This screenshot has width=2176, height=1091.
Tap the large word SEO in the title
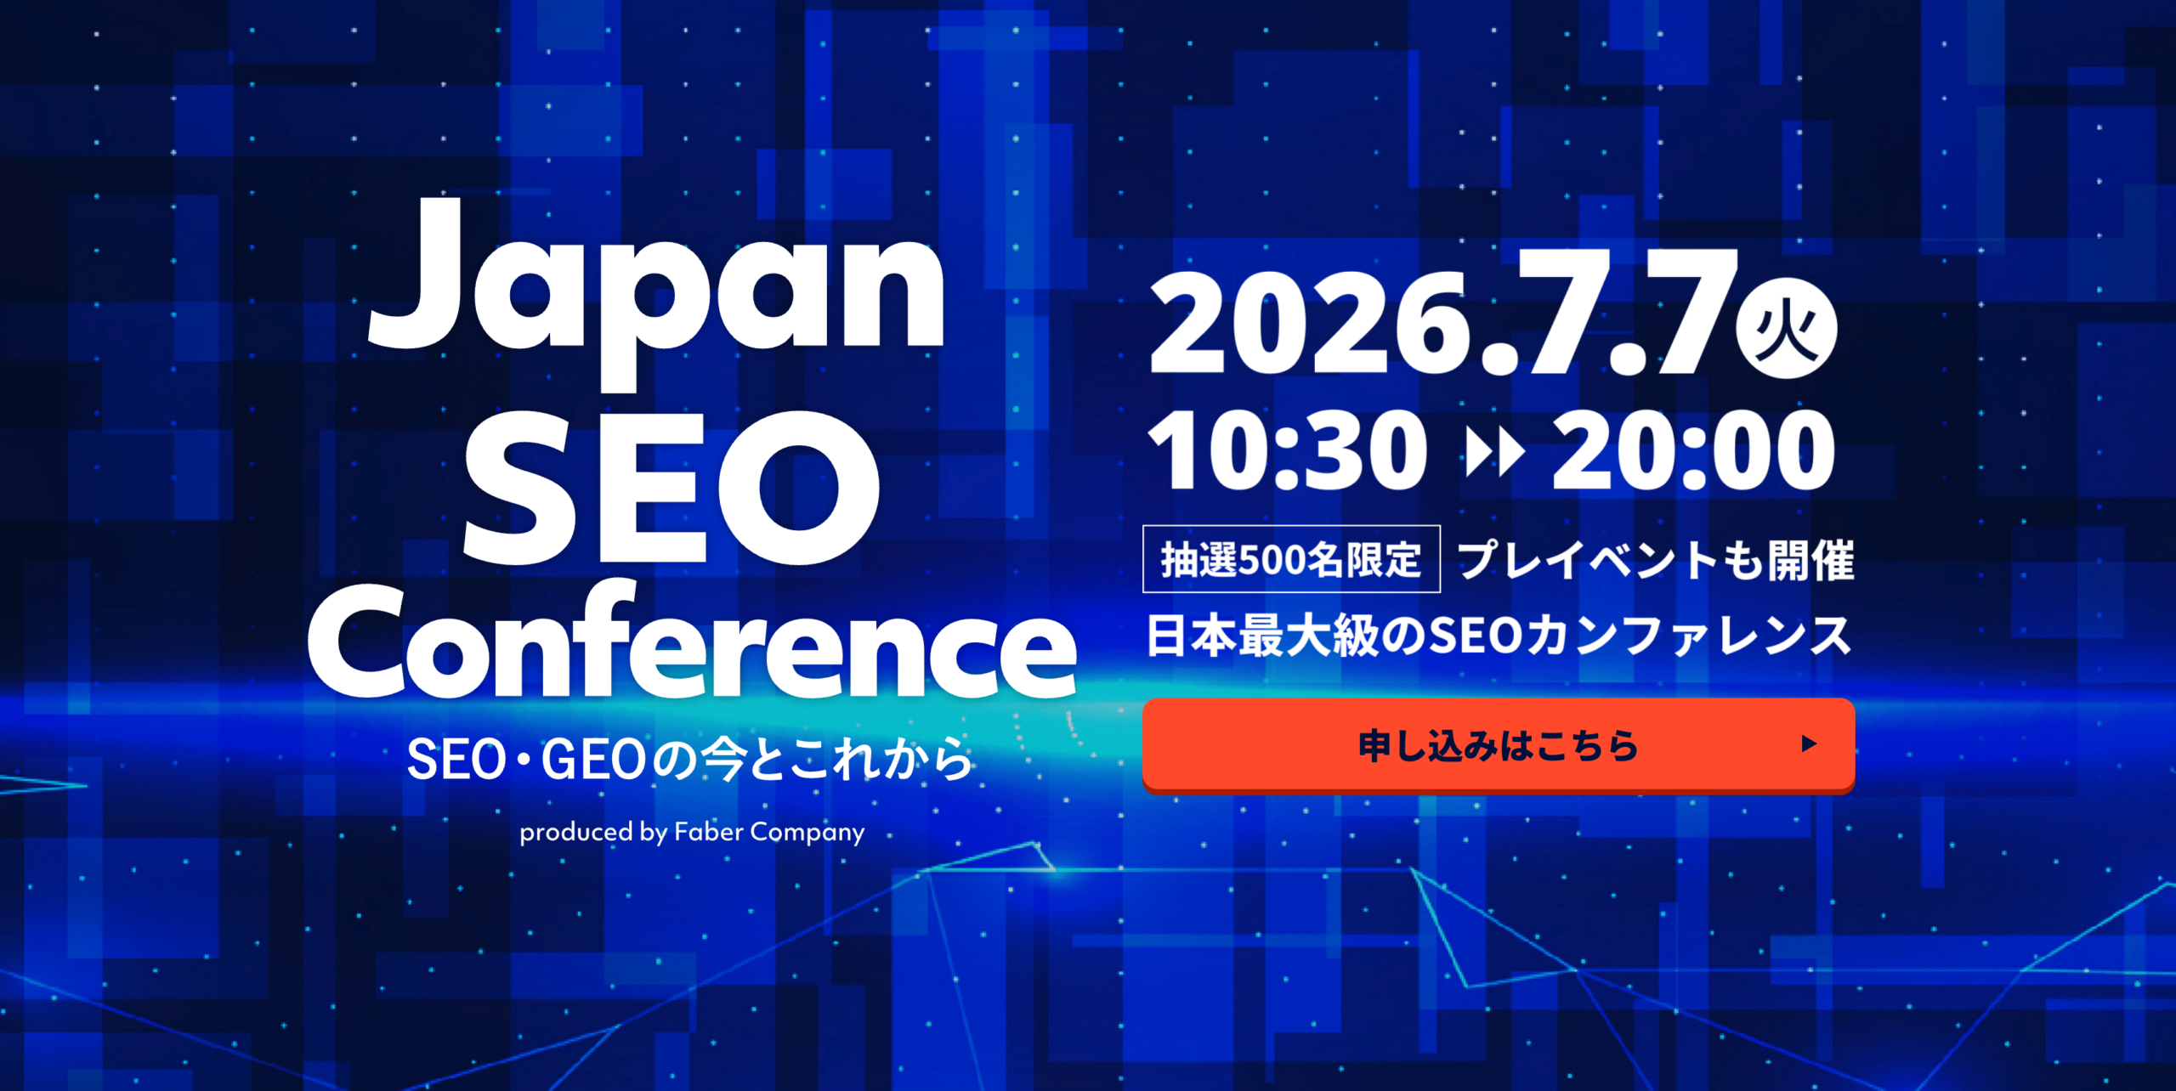671,488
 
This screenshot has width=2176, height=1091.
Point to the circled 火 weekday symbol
1786,328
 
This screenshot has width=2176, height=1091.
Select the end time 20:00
1693,449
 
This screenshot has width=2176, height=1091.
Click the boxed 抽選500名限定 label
1291,559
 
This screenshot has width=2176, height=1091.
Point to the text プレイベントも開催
1656,561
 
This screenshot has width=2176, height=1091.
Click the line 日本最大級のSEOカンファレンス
1499,636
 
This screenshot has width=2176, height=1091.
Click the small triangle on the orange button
1810,744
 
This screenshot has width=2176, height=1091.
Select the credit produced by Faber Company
692,832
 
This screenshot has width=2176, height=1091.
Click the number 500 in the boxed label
1272,560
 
